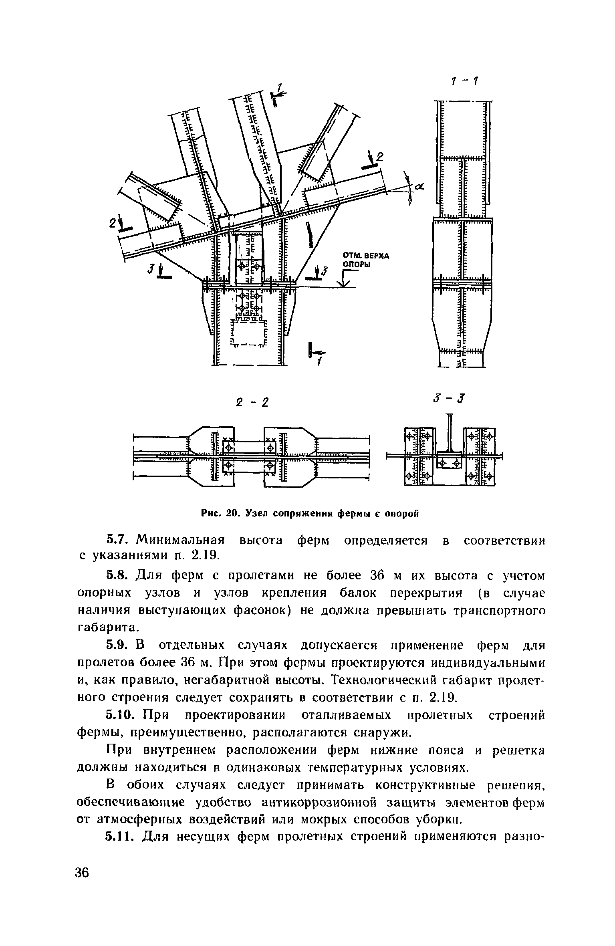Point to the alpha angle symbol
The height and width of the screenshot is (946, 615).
click(x=419, y=187)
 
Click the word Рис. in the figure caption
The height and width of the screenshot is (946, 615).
click(x=212, y=513)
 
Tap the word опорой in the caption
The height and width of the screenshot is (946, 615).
click(x=401, y=513)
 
